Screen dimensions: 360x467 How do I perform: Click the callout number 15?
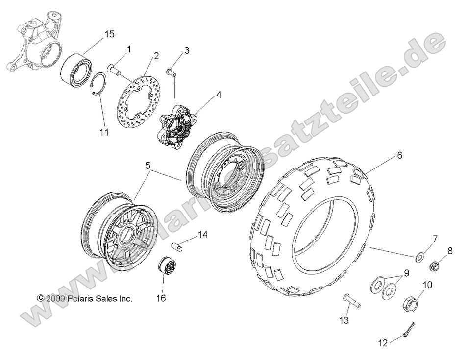point(109,34)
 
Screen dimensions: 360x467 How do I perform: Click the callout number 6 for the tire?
point(399,156)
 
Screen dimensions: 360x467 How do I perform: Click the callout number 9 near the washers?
point(406,273)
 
